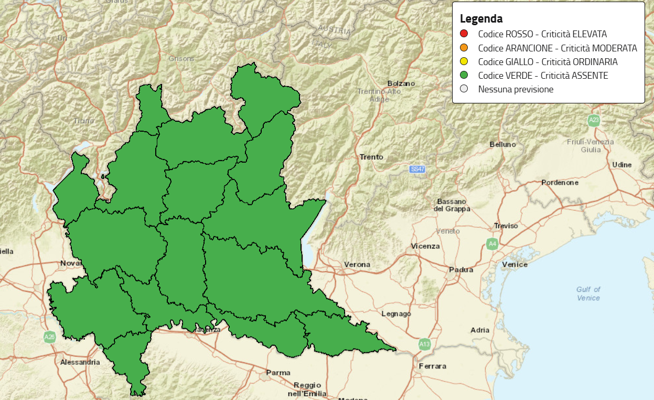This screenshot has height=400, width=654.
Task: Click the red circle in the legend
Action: pos(464,34)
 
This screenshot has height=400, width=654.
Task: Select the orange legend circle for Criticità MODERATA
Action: pos(464,48)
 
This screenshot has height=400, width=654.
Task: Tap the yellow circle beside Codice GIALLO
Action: pos(464,62)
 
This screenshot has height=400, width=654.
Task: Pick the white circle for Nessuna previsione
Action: pos(464,89)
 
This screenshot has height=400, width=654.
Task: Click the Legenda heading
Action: pos(481,19)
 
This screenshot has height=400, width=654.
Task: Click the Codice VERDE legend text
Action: pos(543,76)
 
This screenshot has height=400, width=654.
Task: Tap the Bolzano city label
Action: pos(401,83)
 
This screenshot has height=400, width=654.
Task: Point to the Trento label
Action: pos(371,157)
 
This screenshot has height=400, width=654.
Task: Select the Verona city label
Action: pos(357,265)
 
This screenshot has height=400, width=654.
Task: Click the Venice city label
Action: pos(514,265)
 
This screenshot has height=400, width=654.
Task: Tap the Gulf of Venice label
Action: pos(588,293)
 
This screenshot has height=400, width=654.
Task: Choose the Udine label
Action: pos(621,165)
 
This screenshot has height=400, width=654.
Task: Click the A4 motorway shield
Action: pos(492,244)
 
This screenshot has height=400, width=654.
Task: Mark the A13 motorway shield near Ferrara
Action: pos(424,344)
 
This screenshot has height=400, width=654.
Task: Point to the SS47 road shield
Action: pos(417,170)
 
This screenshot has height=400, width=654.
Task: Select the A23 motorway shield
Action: pos(593,120)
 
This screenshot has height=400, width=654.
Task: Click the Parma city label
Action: pos(278,373)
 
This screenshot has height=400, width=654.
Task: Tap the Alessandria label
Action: pos(80,362)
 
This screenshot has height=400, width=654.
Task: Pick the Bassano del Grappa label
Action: pos(452,205)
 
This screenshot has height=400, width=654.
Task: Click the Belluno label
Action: pos(502,144)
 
